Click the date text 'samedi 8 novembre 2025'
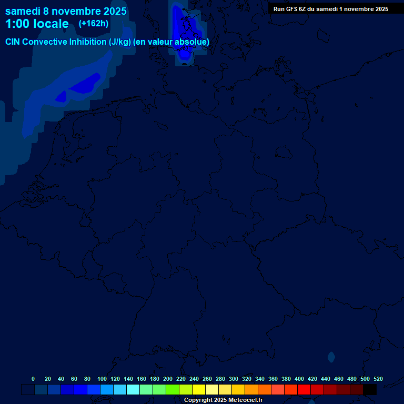66,11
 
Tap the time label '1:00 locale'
37,24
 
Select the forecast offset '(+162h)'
94,24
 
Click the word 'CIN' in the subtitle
14,42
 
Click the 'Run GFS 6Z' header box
331,8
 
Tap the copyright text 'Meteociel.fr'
246,400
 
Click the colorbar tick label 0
33,379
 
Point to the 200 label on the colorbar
168,379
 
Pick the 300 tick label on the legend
234,379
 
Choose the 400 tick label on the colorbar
299,379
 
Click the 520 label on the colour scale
378,379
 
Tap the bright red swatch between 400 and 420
304,390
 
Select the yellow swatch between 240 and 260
199,390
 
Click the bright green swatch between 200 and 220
173,390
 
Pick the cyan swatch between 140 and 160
133,390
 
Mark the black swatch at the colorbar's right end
370,390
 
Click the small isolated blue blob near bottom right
331,357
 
